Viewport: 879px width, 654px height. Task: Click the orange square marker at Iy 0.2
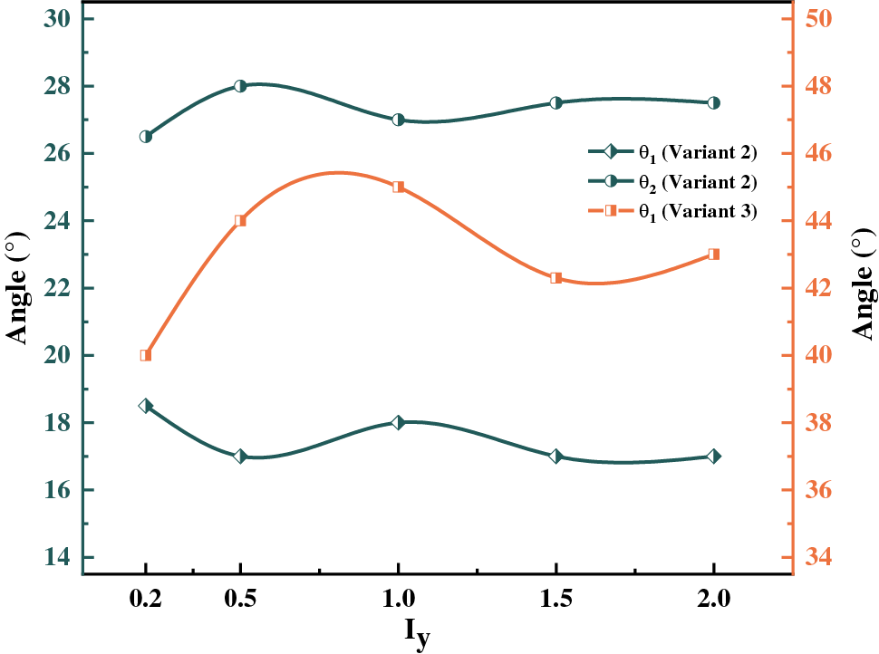point(146,355)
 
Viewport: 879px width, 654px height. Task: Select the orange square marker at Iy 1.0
point(398,188)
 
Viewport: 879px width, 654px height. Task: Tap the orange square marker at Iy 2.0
point(713,255)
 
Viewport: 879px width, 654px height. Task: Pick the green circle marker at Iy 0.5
point(240,86)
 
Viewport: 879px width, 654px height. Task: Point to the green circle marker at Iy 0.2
point(146,136)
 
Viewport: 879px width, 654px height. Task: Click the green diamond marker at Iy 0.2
point(146,406)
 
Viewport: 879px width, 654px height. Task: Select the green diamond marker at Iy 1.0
point(398,422)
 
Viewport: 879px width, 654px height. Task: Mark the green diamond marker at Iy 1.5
point(555,456)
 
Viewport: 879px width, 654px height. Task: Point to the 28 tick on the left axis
point(58,86)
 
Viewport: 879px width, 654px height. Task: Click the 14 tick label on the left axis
point(58,557)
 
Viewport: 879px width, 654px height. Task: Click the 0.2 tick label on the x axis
point(146,599)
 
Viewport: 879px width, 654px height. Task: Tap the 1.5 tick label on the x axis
point(555,599)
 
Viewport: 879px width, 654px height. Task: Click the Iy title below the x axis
point(416,635)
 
